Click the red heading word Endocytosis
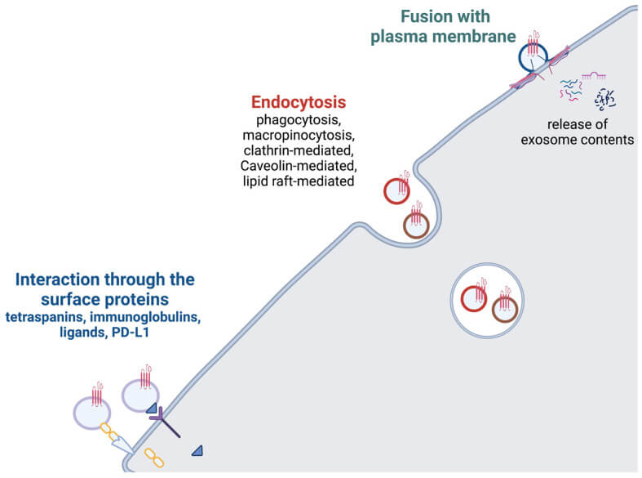(x=298, y=103)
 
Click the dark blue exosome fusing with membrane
(x=534, y=58)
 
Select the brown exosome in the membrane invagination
(x=416, y=225)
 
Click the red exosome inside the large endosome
(x=475, y=298)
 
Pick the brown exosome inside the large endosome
(x=505, y=308)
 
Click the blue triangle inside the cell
(x=197, y=450)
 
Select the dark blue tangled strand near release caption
(x=604, y=99)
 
